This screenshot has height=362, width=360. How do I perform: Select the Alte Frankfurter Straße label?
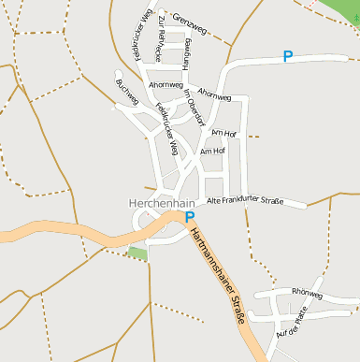(244, 201)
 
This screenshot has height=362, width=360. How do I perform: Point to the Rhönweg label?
(307, 294)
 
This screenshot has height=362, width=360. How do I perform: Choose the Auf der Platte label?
(292, 323)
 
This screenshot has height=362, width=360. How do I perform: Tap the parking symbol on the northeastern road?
(288, 56)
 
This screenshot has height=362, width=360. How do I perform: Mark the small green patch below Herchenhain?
(137, 253)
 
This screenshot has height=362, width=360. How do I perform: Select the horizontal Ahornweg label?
(166, 85)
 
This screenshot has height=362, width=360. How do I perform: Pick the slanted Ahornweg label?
(215, 95)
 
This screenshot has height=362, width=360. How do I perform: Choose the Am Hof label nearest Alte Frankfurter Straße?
(213, 151)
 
